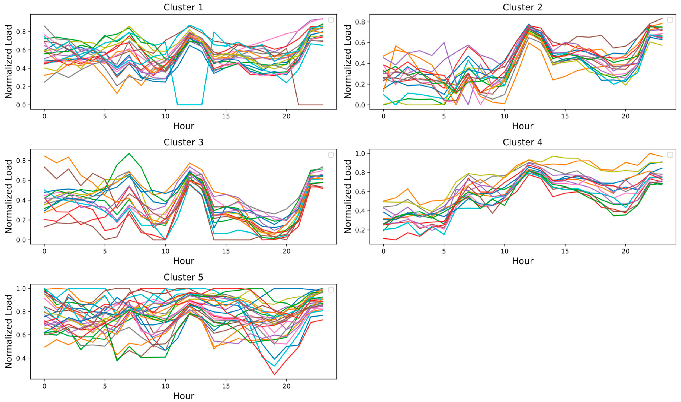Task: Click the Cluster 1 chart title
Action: click(x=183, y=7)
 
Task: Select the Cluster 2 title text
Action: click(x=522, y=7)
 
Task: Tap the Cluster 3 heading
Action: click(x=183, y=142)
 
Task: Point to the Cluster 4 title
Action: click(x=522, y=142)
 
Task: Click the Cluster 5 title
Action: click(x=183, y=277)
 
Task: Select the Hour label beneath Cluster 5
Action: click(x=184, y=396)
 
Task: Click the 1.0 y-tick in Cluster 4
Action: click(x=361, y=154)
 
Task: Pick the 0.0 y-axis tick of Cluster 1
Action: click(x=21, y=105)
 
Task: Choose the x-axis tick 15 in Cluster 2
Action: click(x=565, y=116)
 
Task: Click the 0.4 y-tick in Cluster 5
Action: click(x=21, y=358)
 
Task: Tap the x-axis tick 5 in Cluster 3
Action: click(x=105, y=251)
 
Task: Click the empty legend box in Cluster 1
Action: click(x=331, y=20)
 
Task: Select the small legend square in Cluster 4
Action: click(x=670, y=155)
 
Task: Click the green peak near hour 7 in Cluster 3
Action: click(x=129, y=154)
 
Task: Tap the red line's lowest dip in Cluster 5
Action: click(x=274, y=375)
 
